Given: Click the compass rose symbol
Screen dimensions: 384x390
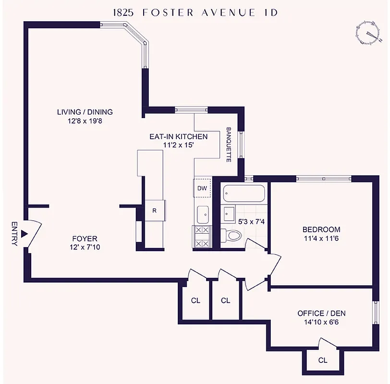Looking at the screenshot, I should tap(369, 33).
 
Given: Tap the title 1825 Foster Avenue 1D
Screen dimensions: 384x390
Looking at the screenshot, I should tap(195, 13).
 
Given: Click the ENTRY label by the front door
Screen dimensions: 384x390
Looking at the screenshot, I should tap(14, 234).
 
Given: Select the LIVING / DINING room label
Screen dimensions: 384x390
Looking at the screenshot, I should tap(85, 112).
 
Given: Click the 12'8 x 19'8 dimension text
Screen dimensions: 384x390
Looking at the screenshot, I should tap(85, 121).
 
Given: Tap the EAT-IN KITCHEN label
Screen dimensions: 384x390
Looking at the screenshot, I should tap(178, 137).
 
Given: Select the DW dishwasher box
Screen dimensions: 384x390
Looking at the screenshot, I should tap(202, 188).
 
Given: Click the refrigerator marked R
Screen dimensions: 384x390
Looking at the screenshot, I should tap(154, 211).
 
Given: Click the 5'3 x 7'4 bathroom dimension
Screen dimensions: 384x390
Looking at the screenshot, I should tap(251, 222).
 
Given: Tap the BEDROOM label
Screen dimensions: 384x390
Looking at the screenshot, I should tap(321, 229).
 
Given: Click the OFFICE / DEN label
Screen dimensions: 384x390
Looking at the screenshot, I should tap(321, 313).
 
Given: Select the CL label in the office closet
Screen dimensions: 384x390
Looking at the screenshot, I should tap(323, 360).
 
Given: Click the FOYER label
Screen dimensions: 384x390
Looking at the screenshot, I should tap(85, 239).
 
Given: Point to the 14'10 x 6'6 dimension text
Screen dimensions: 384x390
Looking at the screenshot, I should tap(321, 323).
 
